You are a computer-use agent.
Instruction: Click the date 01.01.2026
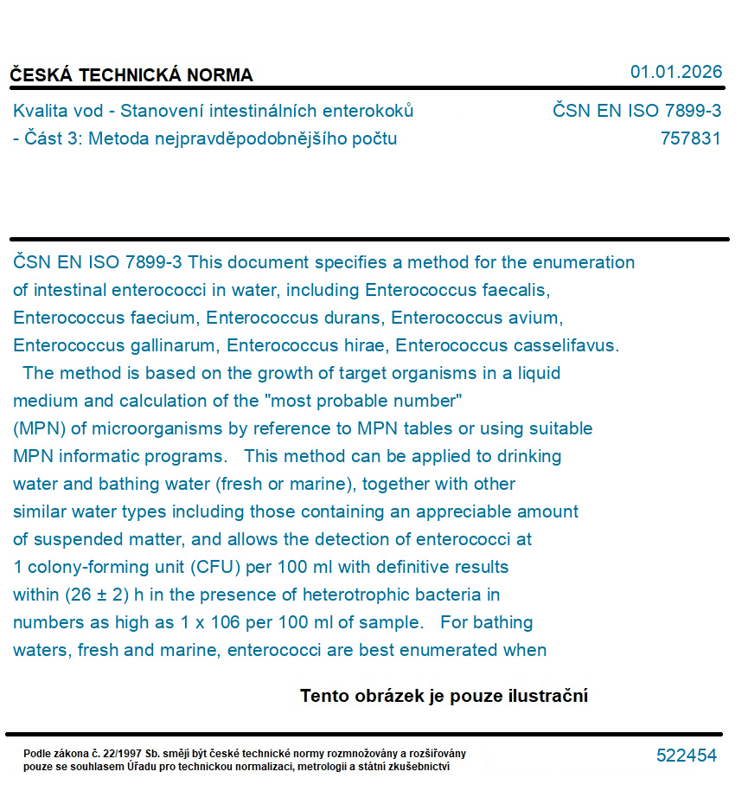(x=675, y=72)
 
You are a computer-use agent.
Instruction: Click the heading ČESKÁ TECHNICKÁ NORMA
(x=131, y=75)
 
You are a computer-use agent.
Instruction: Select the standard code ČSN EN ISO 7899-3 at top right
(x=636, y=111)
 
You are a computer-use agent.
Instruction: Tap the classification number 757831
(x=690, y=138)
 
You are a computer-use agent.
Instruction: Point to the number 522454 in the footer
(x=687, y=756)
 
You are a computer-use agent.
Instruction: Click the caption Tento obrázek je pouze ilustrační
(x=444, y=696)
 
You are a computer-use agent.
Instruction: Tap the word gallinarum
(x=172, y=345)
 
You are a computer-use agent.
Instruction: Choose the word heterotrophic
(x=365, y=595)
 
